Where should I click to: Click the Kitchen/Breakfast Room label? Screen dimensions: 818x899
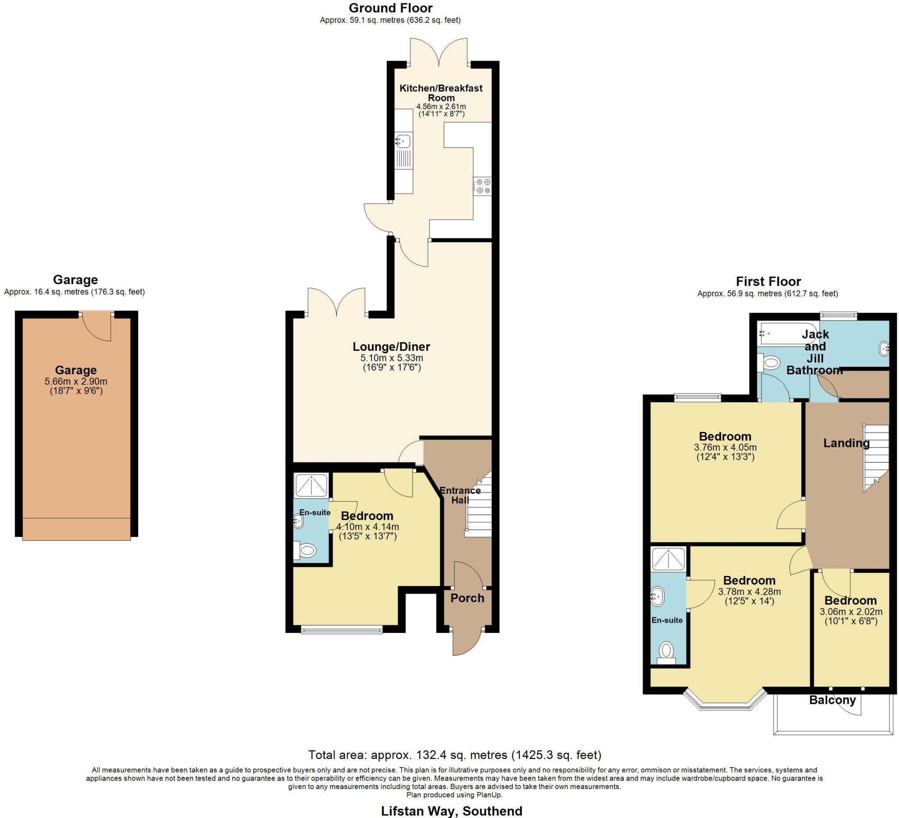441,93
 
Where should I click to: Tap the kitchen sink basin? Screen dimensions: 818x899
404,141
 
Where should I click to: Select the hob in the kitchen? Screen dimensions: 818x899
482,186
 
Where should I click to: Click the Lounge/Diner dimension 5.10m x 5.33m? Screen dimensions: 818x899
392,358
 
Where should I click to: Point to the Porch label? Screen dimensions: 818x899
467,598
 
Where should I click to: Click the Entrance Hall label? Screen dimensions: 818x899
460,495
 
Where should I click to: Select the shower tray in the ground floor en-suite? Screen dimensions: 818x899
311,486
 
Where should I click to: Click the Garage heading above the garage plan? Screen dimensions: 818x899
75,280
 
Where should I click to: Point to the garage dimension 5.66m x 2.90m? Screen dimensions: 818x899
76,382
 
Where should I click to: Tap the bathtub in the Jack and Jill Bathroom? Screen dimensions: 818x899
788,333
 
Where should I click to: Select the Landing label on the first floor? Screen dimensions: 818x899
846,443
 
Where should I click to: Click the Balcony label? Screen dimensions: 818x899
832,700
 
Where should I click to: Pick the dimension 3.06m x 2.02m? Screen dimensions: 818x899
851,612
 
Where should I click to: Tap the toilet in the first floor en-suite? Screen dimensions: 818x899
666,651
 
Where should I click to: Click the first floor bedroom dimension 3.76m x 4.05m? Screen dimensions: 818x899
725,447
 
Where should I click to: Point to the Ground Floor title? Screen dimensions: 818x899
390,8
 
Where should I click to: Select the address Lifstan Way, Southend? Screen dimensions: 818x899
451,811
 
